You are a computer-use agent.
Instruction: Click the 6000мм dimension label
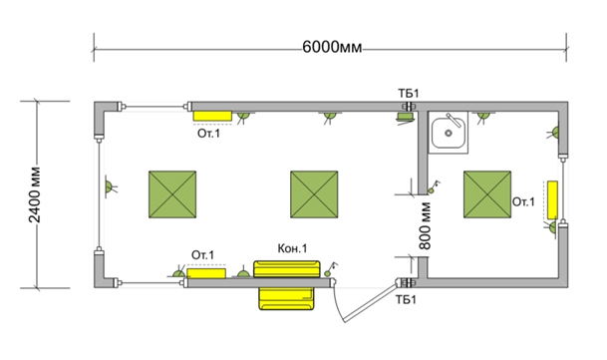click(332, 47)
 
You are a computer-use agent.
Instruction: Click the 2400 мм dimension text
click(35, 194)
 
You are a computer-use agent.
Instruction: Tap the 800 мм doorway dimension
click(425, 226)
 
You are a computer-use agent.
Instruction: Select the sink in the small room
click(449, 133)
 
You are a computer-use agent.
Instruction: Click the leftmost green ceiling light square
click(172, 194)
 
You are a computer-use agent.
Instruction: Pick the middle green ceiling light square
click(314, 194)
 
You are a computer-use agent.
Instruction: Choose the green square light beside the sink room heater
click(487, 194)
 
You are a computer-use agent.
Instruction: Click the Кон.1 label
click(292, 248)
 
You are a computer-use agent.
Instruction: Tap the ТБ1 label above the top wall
click(409, 94)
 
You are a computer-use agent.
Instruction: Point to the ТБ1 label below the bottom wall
click(406, 299)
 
